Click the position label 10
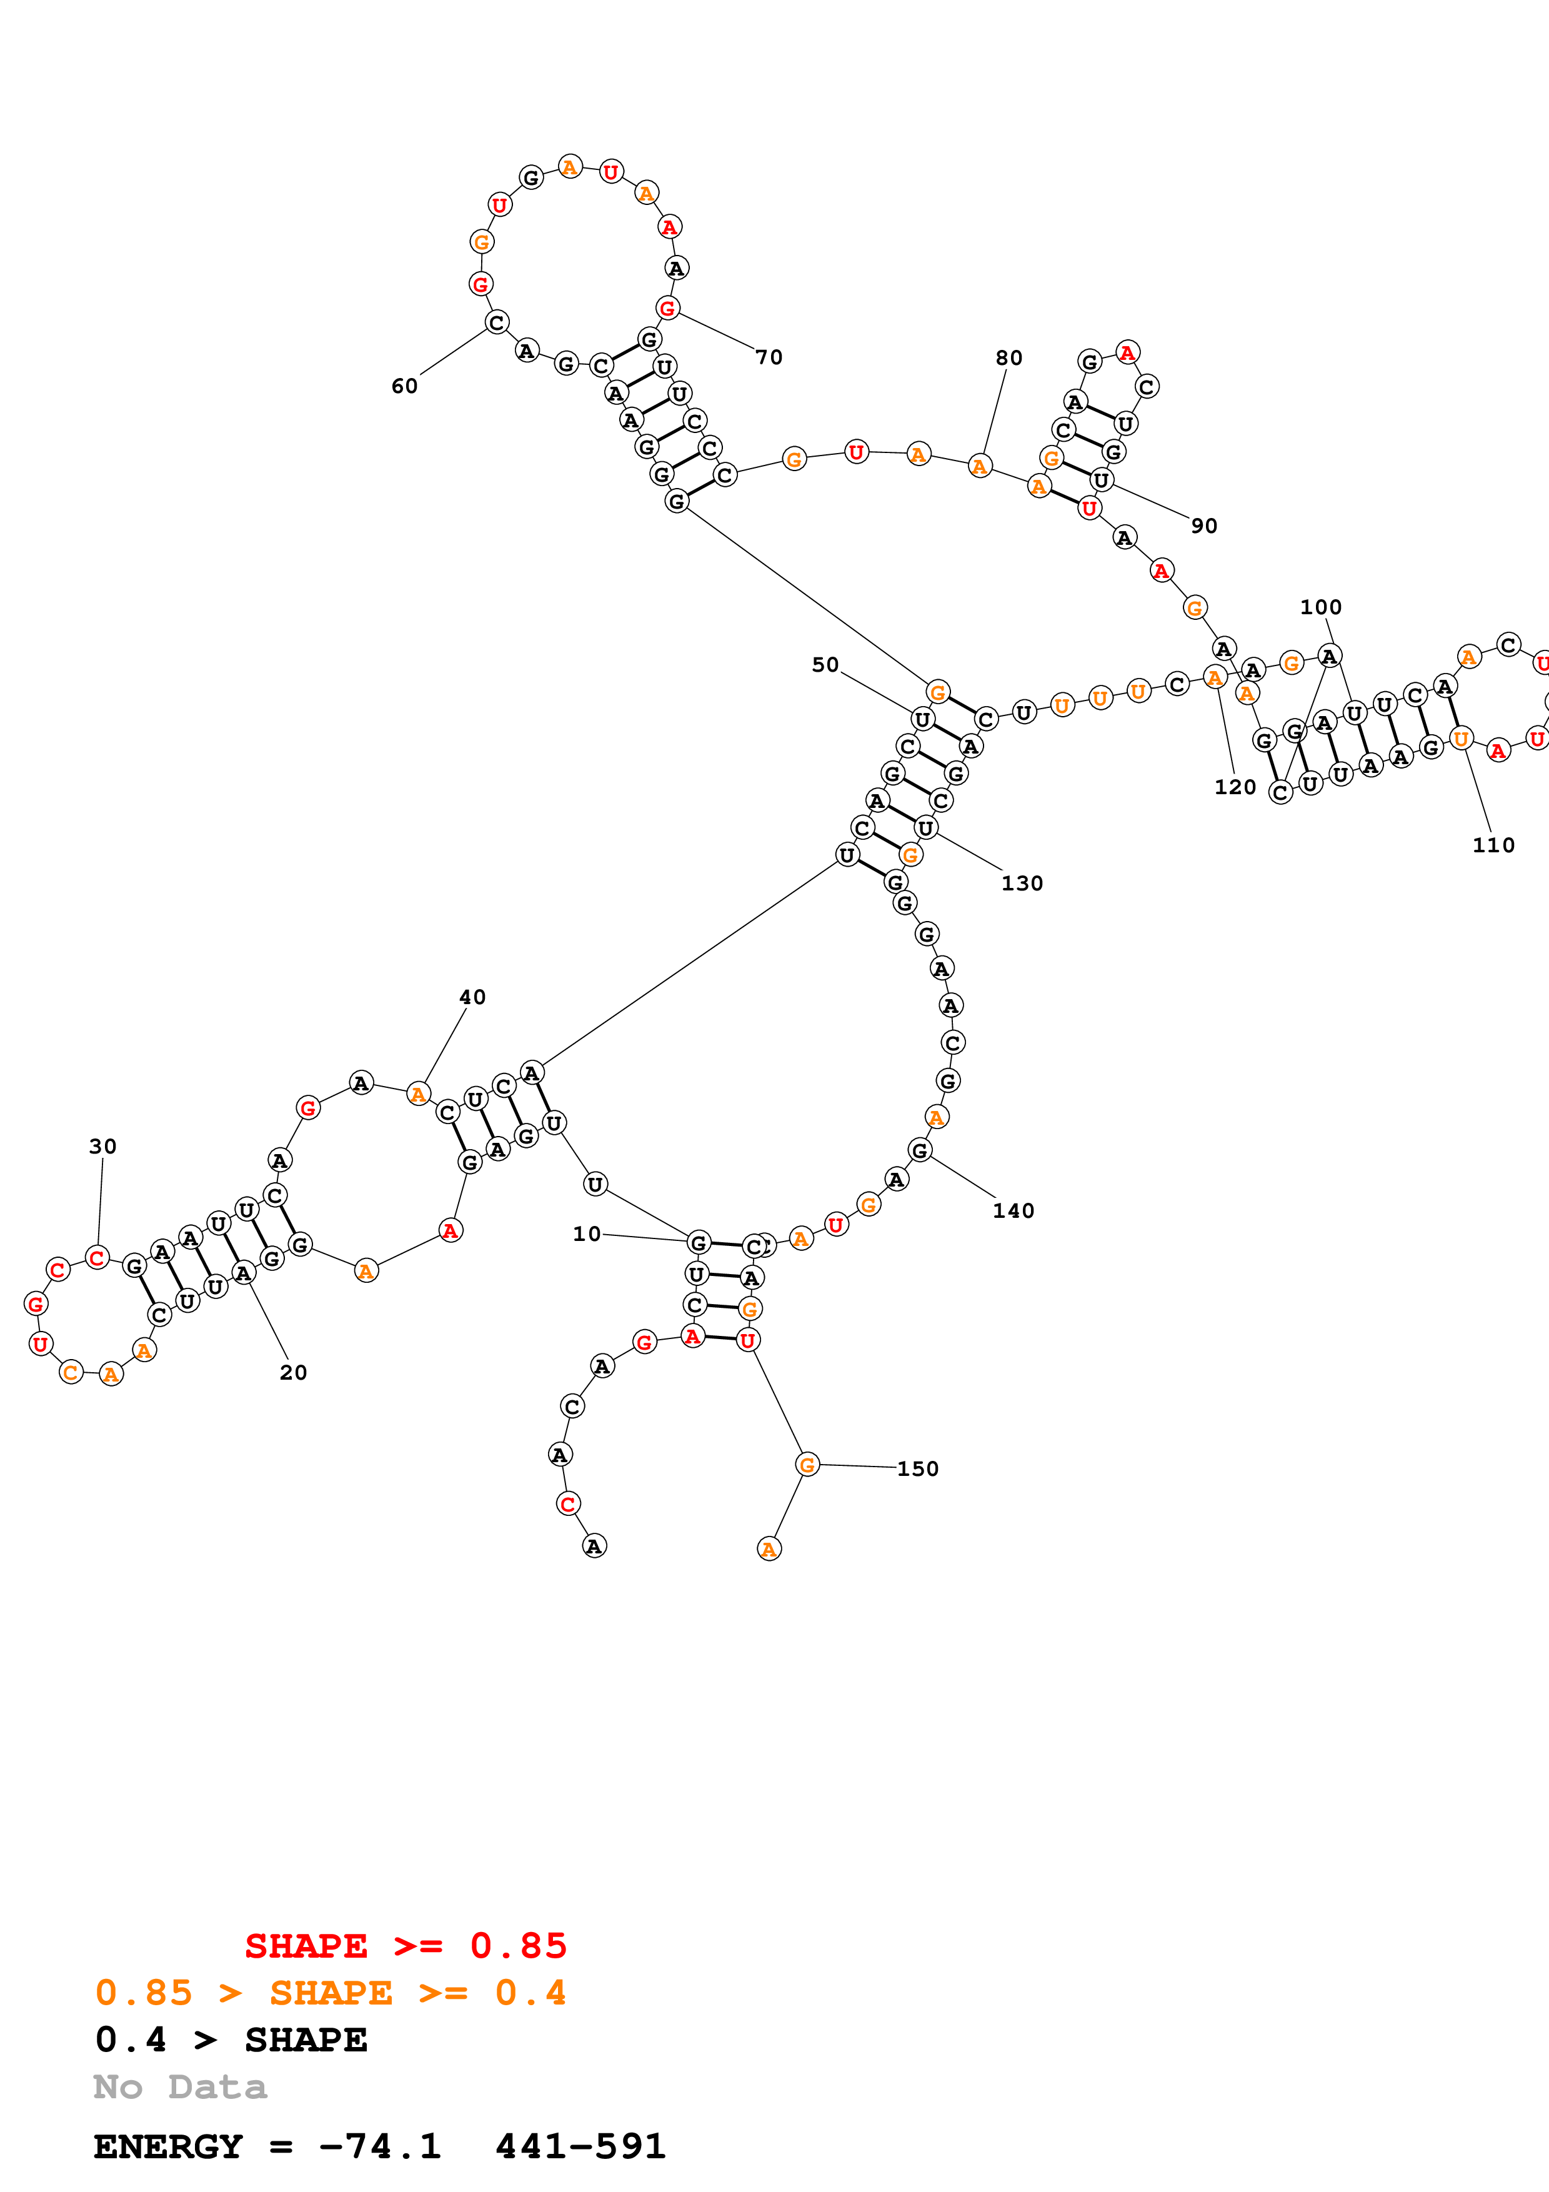point(586,1233)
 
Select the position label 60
point(405,386)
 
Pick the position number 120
point(1234,787)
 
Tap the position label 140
point(1013,1210)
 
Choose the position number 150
point(917,1468)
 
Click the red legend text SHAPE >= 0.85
point(406,1946)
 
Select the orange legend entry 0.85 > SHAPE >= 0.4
point(330,1993)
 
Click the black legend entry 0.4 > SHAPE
point(231,2040)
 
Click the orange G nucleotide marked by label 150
point(807,1465)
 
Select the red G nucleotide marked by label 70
point(667,307)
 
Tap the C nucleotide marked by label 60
point(496,322)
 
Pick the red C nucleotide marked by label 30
point(96,1257)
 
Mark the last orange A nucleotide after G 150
point(769,1548)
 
